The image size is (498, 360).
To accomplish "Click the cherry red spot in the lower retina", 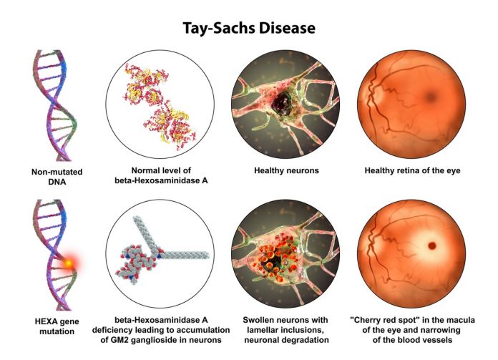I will click(x=431, y=245).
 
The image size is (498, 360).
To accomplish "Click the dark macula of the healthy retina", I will click(x=431, y=96).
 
